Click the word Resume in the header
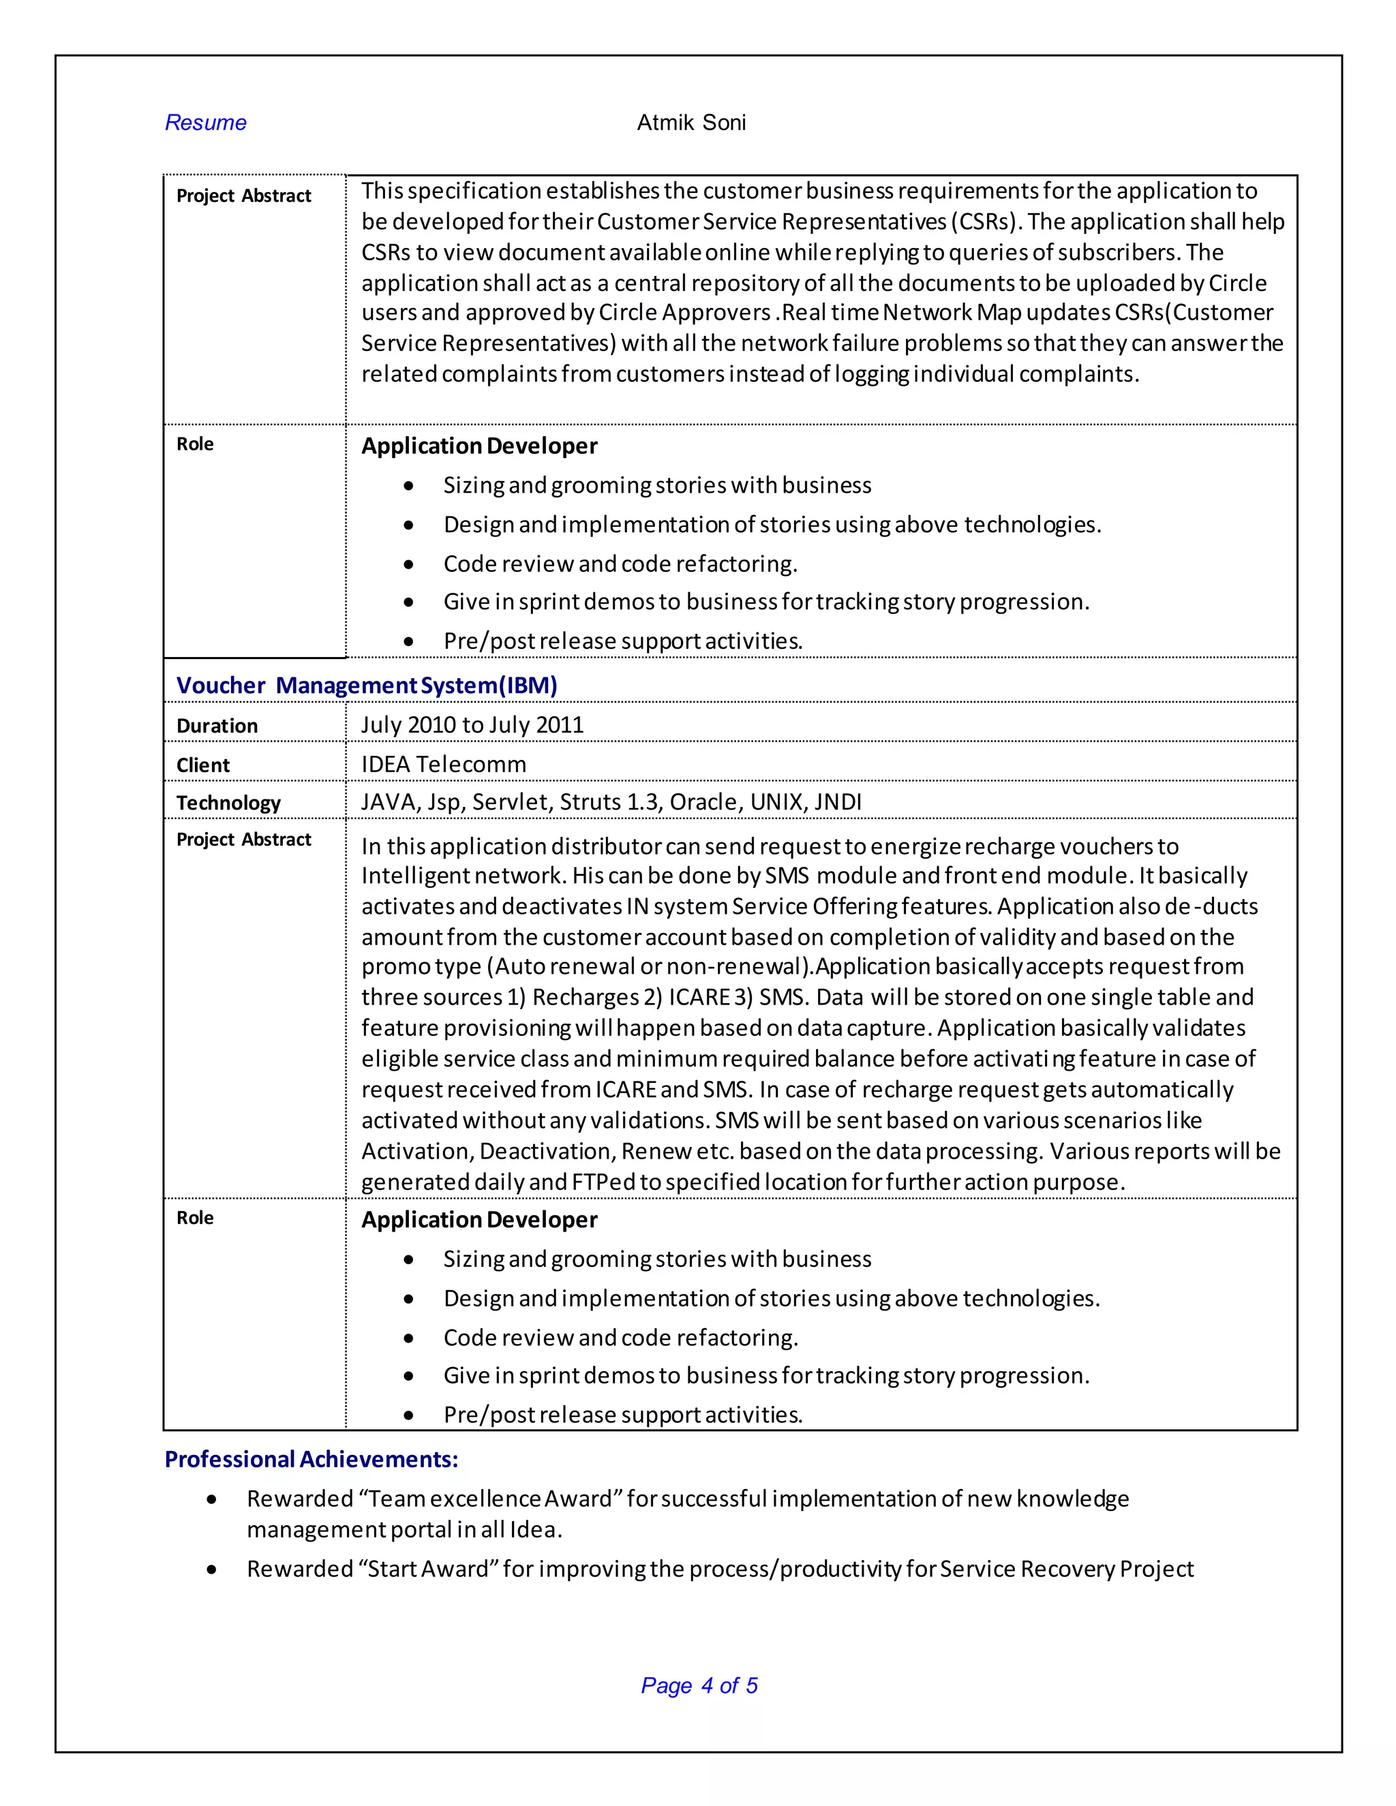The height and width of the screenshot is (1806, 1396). pyautogui.click(x=205, y=123)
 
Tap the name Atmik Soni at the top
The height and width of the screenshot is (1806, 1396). pyautogui.click(x=691, y=123)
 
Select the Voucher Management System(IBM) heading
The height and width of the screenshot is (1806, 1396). pyautogui.click(x=366, y=685)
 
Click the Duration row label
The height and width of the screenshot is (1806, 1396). pyautogui.click(x=217, y=725)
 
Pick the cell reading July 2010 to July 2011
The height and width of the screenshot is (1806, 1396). pyautogui.click(x=472, y=724)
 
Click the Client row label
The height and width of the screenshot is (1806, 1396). pyautogui.click(x=202, y=765)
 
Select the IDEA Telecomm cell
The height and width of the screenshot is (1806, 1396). pyautogui.click(x=443, y=764)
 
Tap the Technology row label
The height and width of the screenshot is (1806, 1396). pyautogui.click(x=228, y=803)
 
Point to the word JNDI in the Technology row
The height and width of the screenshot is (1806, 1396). pyautogui.click(x=838, y=802)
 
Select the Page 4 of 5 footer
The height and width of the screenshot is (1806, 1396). pyautogui.click(x=699, y=1685)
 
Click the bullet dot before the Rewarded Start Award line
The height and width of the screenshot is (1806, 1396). pyautogui.click(x=213, y=1570)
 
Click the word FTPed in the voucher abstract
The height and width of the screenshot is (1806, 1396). pyautogui.click(x=603, y=1182)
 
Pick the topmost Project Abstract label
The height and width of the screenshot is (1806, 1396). pyautogui.click(x=243, y=196)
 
